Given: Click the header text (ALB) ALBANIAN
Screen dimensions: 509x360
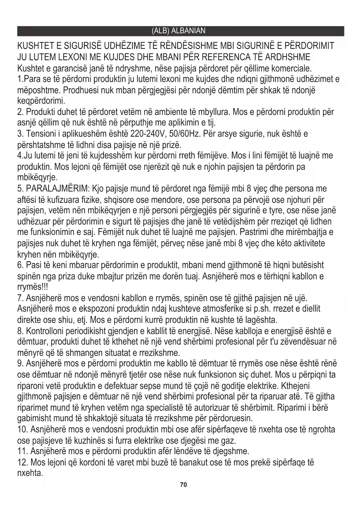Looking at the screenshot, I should pos(178,31).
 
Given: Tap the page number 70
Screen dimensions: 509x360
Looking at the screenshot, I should pos(183,485).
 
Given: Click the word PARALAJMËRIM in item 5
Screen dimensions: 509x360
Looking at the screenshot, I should pos(58,189).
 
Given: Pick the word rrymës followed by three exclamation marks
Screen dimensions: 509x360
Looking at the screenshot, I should pos(32,287).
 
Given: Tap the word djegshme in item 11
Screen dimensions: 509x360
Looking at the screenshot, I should pos(231,452).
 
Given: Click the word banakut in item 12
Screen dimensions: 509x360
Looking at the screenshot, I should pos(195,462).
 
